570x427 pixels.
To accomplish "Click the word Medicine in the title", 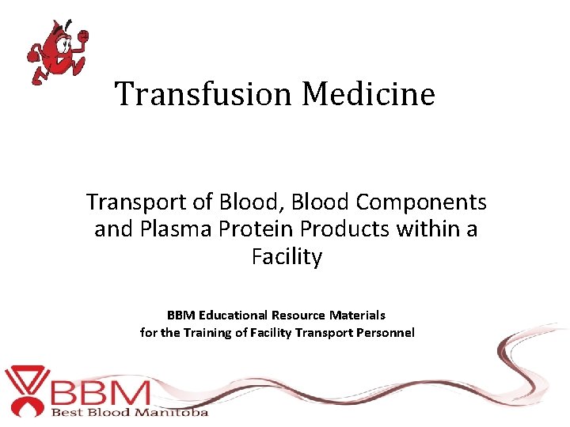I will (x=368, y=94).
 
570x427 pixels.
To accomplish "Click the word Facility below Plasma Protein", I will (x=287, y=258).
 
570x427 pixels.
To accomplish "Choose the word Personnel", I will (x=383, y=332).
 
